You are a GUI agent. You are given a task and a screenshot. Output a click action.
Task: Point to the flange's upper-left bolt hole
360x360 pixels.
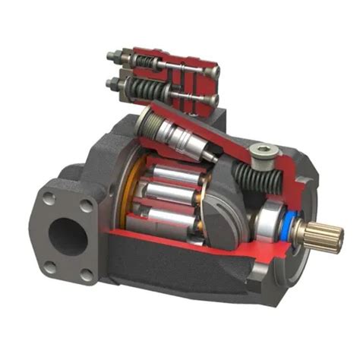(x=49, y=198)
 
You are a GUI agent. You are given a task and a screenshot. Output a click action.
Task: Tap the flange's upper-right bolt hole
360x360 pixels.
(x=86, y=204)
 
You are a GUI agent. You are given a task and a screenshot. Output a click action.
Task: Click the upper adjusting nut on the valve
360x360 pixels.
(x=116, y=55)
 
